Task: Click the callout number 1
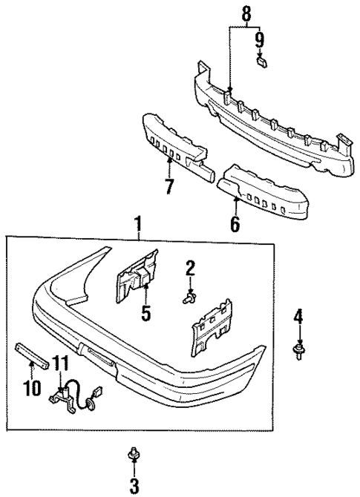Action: [137, 223]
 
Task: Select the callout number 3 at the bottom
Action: [134, 486]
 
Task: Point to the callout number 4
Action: [298, 317]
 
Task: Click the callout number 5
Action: [145, 312]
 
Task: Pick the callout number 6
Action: [235, 223]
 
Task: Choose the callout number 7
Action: [170, 185]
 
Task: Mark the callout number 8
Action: [246, 13]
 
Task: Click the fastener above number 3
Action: [134, 454]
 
